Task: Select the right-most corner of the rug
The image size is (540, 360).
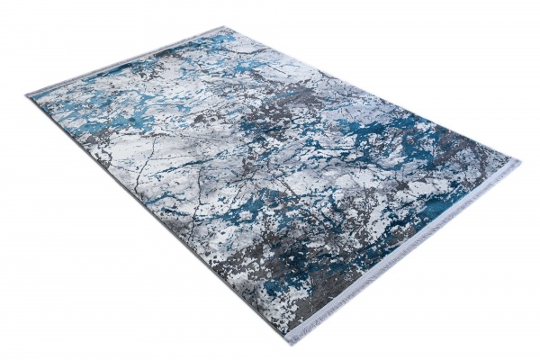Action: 519,163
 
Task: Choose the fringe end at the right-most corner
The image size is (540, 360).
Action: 516,166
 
